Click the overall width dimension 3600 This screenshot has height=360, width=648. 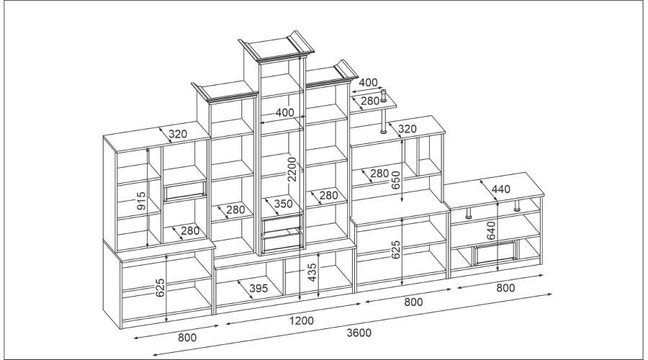click(x=359, y=333)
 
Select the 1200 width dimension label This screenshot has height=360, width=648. click(x=301, y=320)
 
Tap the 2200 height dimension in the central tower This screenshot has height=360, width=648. click(x=292, y=169)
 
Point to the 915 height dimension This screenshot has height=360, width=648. click(x=141, y=200)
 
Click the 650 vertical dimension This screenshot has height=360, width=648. click(x=395, y=180)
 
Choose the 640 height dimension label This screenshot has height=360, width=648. click(x=490, y=230)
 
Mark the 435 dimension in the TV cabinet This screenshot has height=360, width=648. click(x=312, y=273)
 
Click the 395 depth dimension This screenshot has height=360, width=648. click(x=258, y=288)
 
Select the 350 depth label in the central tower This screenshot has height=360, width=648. click(x=283, y=203)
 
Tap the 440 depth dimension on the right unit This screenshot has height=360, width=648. click(x=501, y=189)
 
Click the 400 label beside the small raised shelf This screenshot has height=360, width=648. click(x=368, y=82)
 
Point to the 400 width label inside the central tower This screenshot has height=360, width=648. click(x=284, y=112)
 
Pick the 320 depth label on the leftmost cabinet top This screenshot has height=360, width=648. click(x=178, y=134)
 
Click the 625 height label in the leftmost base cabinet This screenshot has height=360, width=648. click(x=161, y=288)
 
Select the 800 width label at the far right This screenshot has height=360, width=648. click(x=505, y=288)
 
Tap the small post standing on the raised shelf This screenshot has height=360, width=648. click(x=383, y=96)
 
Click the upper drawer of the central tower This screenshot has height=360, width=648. click(x=282, y=223)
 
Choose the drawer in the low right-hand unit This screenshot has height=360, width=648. click(x=495, y=252)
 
